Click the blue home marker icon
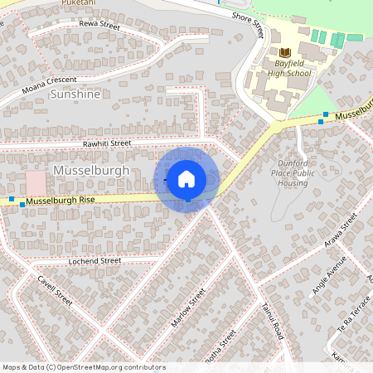(186, 179)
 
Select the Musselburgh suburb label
(90, 170)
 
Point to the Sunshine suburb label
(75, 94)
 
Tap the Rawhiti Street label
(107, 143)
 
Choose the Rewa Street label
(99, 26)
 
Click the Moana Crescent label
(50, 83)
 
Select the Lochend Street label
(94, 261)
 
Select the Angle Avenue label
(329, 280)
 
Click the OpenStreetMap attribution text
(83, 366)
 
